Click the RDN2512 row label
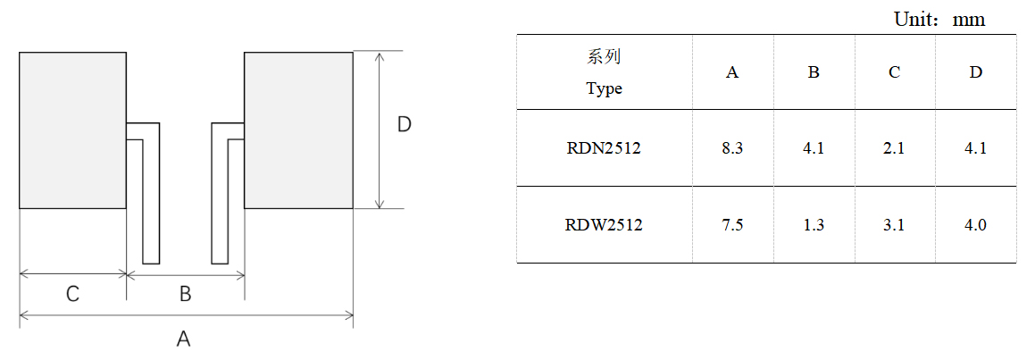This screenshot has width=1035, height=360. [x=604, y=148]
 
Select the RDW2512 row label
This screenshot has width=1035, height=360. [x=604, y=225]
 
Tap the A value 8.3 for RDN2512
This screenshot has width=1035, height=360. [x=732, y=148]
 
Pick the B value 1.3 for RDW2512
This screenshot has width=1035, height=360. [x=814, y=225]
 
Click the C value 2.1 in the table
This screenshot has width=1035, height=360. [x=894, y=148]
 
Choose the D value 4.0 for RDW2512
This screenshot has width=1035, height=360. [x=975, y=225]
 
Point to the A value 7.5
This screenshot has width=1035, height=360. [x=732, y=225]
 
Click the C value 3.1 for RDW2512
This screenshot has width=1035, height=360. [x=894, y=225]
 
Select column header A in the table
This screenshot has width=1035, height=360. [x=732, y=72]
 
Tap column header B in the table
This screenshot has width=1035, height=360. [x=814, y=72]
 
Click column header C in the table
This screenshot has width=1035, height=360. [x=894, y=72]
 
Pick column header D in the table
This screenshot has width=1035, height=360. [x=975, y=72]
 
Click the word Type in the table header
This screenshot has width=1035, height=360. [x=604, y=88]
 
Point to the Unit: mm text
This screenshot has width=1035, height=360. [x=939, y=20]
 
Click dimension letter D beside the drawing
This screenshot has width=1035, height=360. [x=404, y=125]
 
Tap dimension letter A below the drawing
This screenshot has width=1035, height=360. [x=184, y=339]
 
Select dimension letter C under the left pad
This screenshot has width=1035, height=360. [x=73, y=293]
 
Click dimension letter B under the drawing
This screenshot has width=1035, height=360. [x=185, y=293]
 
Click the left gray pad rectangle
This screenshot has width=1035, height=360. [x=72, y=130]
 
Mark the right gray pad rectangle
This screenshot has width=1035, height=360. [x=298, y=130]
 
